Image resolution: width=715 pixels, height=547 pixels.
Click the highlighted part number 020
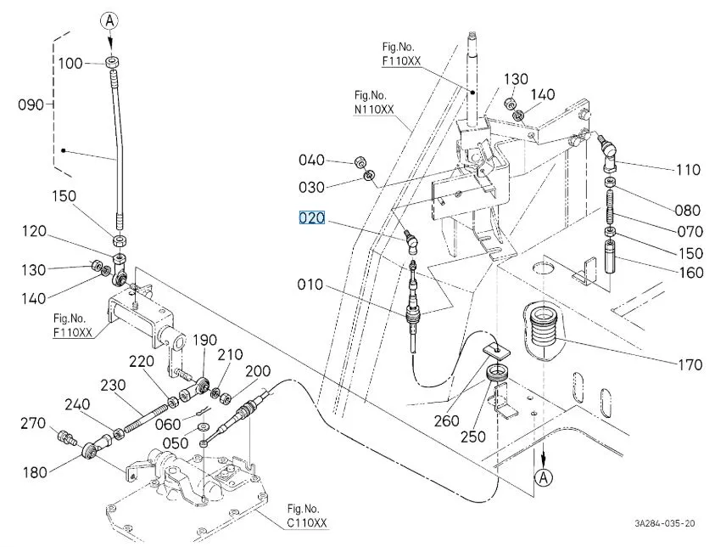pos(311,218)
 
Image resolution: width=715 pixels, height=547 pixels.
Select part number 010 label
pos(310,284)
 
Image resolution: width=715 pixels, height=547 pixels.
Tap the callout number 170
pos(690,365)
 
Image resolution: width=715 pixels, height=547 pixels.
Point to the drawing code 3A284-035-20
pos(664,524)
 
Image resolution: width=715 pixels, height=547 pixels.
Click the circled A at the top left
pos(109,20)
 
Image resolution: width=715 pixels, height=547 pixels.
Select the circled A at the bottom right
pos(543,481)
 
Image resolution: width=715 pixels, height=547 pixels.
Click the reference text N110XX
pos(374,110)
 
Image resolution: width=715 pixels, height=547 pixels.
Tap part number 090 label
pos(31,104)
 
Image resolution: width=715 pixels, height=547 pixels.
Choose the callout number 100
pos(70,64)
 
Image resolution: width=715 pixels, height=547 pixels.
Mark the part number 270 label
pos(31,422)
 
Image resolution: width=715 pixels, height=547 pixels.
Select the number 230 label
pos(114,384)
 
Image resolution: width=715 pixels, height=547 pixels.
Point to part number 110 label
pos(688,170)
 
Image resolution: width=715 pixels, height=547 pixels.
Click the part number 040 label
pos(311,160)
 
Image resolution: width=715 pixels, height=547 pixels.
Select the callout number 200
pos(258,371)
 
